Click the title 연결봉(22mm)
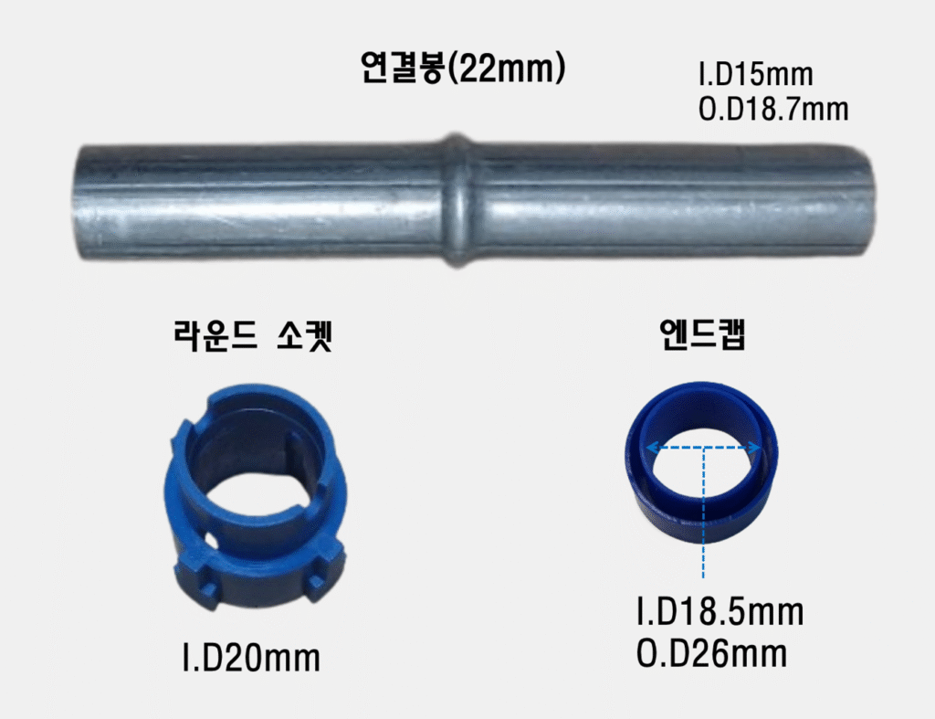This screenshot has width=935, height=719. coord(463,68)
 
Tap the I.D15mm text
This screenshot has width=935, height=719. coord(755,75)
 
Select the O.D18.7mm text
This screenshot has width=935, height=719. coord(772,110)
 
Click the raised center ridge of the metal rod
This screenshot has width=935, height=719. coord(457,200)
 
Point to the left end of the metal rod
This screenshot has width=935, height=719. coord(78,202)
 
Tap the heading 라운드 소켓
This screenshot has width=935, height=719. coord(252,335)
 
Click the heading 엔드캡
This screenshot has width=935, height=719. coord(703,334)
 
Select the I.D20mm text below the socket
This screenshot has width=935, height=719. coord(251,658)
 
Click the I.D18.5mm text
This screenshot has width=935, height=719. coord(720,612)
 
